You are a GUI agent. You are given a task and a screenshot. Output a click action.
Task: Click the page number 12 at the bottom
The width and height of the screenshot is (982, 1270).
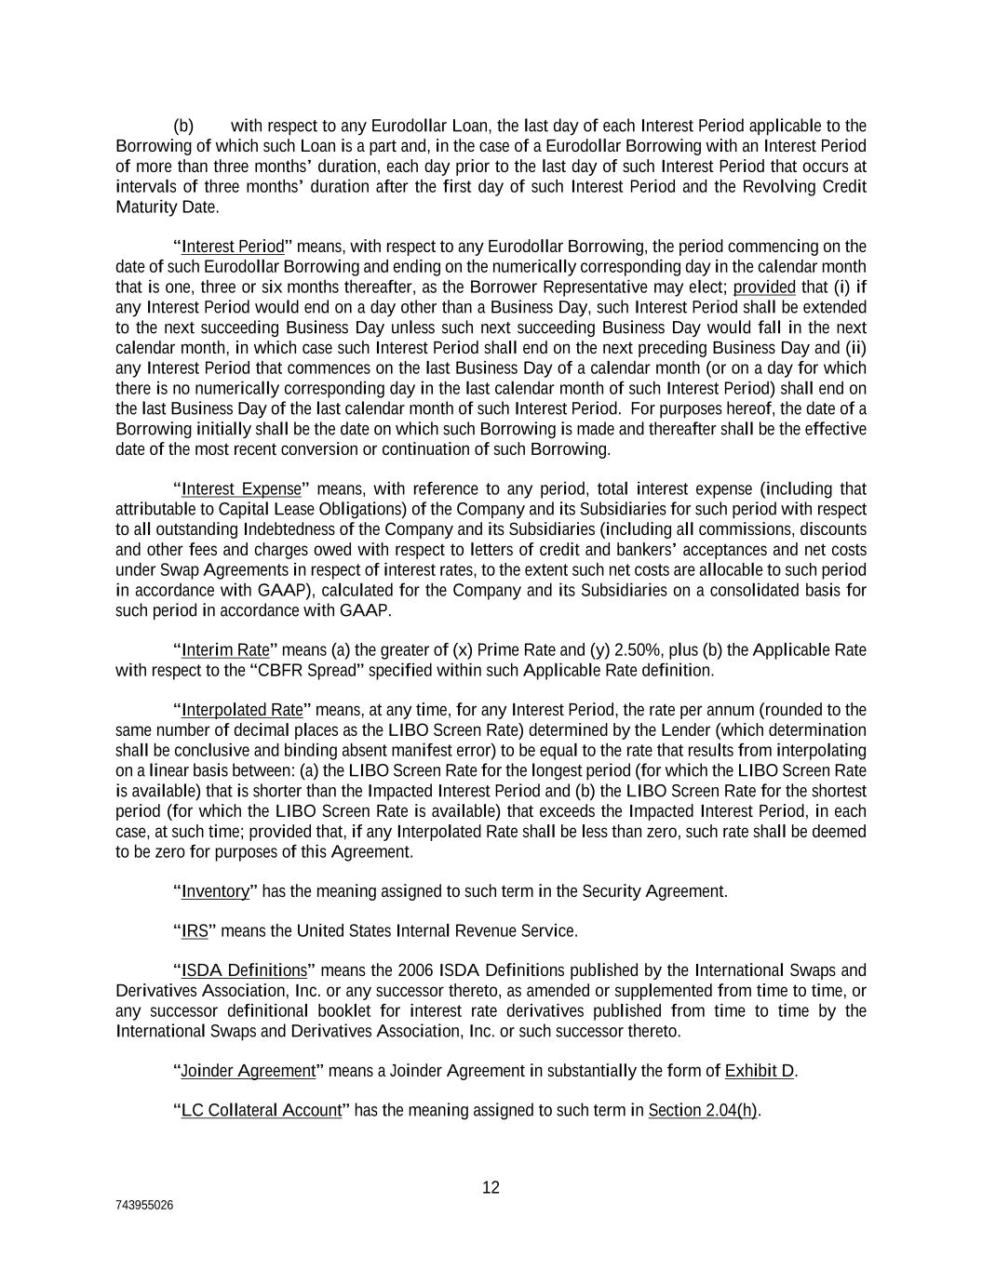(x=491, y=1187)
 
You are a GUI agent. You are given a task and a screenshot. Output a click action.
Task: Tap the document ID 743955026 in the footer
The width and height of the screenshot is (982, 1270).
(x=144, y=1205)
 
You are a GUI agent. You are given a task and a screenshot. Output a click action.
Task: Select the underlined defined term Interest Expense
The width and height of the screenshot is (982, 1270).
(x=242, y=489)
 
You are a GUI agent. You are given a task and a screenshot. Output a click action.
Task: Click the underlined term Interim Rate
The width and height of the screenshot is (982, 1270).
(x=225, y=649)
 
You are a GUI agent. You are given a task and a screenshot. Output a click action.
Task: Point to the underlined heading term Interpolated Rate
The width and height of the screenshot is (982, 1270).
(x=242, y=710)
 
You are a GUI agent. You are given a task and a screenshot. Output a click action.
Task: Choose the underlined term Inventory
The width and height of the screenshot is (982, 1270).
(x=216, y=891)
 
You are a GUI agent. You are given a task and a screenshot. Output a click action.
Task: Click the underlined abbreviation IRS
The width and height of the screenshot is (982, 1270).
(x=195, y=930)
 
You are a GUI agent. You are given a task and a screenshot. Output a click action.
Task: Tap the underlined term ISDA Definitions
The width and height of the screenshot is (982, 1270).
(x=244, y=970)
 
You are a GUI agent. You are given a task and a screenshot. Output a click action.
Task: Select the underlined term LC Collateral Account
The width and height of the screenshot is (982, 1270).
(x=262, y=1110)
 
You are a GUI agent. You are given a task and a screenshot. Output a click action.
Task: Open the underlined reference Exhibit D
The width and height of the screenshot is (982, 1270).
(x=759, y=1071)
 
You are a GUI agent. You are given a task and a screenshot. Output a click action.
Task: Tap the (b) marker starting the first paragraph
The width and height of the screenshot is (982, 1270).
(x=183, y=126)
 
